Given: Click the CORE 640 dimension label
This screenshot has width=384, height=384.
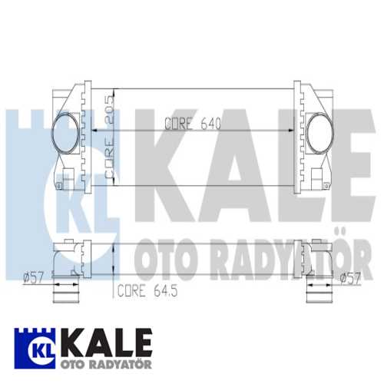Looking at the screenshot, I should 192,124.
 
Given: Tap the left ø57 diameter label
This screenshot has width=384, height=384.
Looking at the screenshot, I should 34,276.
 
